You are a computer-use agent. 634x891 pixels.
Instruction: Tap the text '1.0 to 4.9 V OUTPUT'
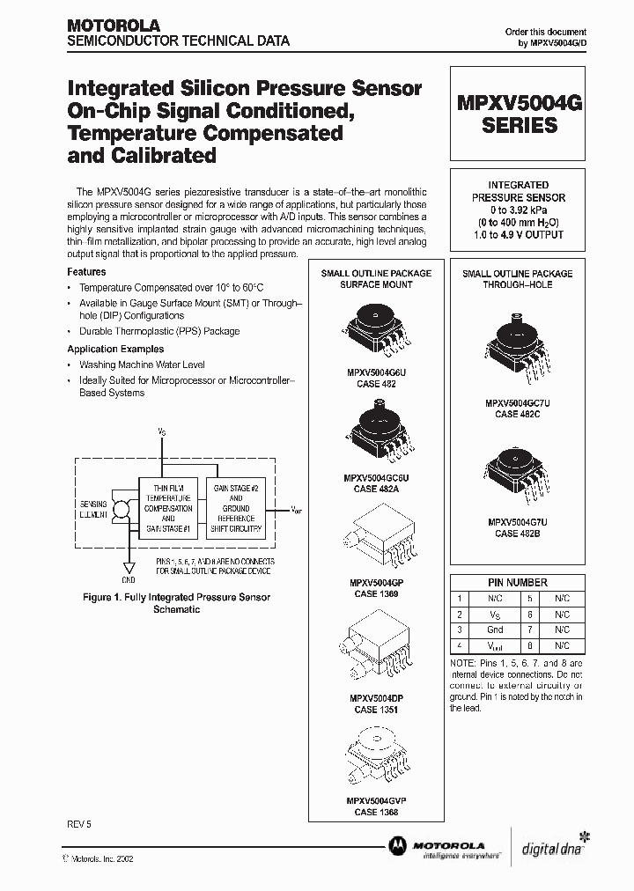click(519, 235)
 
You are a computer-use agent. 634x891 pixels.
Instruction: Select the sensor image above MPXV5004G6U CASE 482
click(375, 333)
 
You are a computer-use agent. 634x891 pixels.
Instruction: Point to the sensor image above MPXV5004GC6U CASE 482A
click(375, 431)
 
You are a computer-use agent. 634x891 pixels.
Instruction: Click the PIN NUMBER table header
click(518, 582)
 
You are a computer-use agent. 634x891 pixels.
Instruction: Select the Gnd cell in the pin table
click(495, 630)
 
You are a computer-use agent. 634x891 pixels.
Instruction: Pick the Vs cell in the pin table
click(495, 614)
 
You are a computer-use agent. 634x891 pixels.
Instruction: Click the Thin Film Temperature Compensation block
click(168, 509)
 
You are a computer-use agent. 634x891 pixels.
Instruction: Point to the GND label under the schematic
click(129, 581)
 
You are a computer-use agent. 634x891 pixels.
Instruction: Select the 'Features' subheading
click(86, 272)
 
